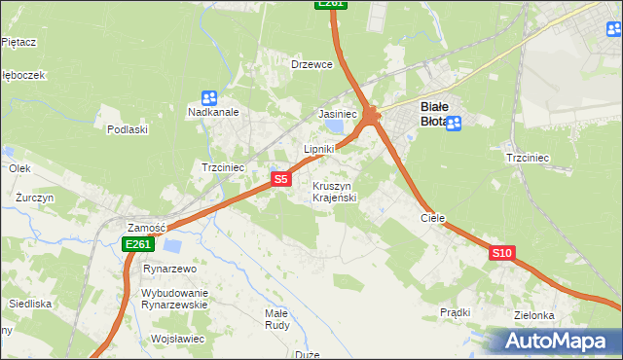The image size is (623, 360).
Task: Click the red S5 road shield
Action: coord(280,179)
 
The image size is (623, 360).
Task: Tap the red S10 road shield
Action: coord(501,253)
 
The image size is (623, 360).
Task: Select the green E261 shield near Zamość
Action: coord(137,244)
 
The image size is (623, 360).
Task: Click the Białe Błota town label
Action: coord(433,113)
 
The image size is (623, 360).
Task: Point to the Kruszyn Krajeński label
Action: coord(335,192)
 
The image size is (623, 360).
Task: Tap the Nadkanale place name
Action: coord(213,112)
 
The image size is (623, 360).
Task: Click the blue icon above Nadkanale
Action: coord(208,97)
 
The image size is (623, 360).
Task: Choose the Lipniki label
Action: coord(318,149)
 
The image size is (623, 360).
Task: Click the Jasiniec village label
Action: coord(338,114)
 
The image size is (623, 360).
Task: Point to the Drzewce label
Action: coord(312,64)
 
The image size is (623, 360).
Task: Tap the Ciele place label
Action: coord(432,218)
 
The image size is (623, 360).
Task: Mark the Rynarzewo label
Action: coord(170,268)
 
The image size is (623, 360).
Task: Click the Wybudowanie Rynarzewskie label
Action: coord(175,298)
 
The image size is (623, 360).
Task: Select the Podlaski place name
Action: coord(128,128)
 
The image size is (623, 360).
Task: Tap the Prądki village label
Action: coord(455,312)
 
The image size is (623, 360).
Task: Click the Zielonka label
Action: coord(534,315)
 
